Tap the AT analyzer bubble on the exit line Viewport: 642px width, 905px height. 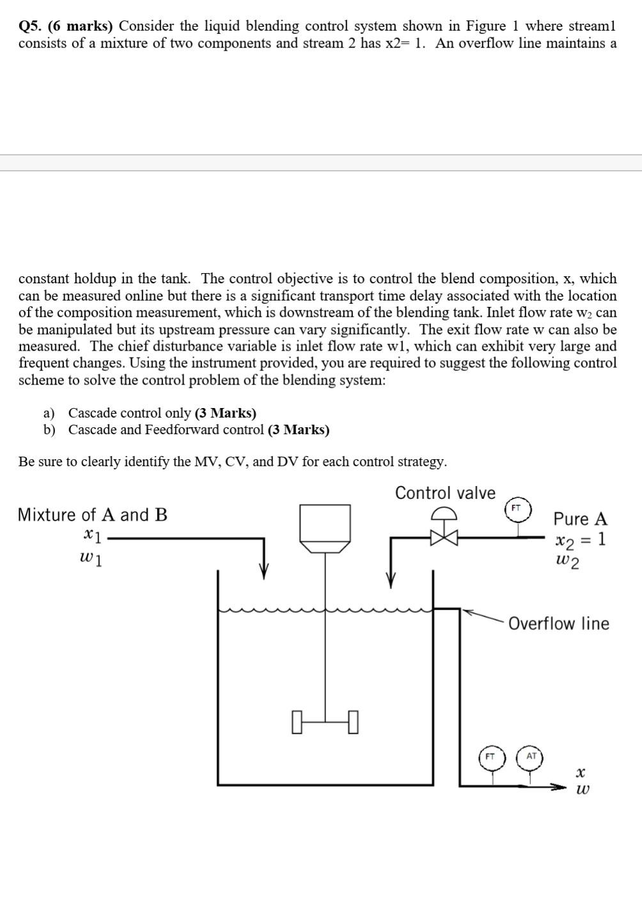[x=531, y=756]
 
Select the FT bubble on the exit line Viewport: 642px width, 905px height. [x=491, y=756]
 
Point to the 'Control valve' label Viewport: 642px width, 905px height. [x=445, y=493]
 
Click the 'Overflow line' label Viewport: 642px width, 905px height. [x=558, y=624]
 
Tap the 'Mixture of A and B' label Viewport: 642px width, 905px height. [x=93, y=515]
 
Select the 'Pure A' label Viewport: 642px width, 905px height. [x=580, y=519]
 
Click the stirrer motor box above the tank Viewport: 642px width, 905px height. [x=325, y=523]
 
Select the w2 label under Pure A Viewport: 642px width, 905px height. [x=568, y=562]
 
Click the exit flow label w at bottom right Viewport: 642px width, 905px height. [x=582, y=791]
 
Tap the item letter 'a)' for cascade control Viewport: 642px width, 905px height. [x=49, y=413]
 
